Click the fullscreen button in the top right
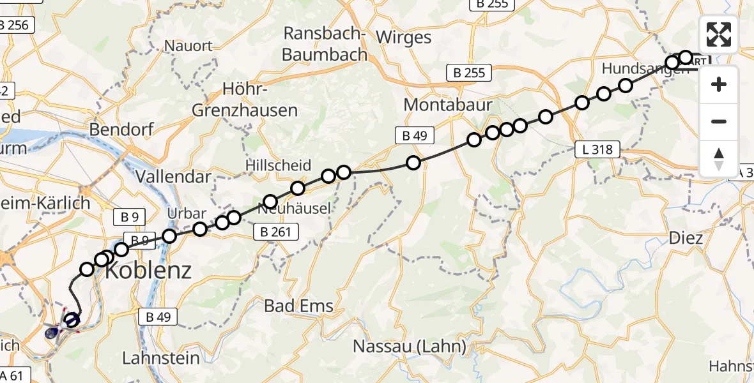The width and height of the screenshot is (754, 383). (719, 34)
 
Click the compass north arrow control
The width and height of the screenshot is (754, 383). (719, 158)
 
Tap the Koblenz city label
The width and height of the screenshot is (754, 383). (148, 271)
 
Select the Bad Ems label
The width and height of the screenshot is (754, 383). (299, 306)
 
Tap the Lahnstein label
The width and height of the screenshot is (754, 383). (160, 358)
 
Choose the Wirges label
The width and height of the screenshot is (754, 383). (403, 37)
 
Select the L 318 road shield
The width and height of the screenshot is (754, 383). (597, 150)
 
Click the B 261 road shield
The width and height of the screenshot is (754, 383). (276, 232)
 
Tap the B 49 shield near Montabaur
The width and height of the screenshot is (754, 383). (414, 135)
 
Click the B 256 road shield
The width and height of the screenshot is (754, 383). (14, 26)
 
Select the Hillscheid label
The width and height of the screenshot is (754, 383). (279, 165)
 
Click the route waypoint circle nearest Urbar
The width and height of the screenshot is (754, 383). (200, 229)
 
